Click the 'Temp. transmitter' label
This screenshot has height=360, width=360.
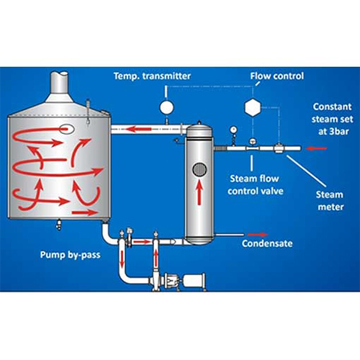click(152, 76)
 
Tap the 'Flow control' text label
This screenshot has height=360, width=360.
click(277, 76)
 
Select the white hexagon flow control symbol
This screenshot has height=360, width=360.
click(253, 107)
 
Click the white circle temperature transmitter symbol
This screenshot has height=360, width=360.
click(166, 107)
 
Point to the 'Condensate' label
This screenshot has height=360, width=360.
click(267, 243)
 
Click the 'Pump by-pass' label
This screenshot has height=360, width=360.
click(71, 255)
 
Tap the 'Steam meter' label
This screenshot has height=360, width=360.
click(330, 201)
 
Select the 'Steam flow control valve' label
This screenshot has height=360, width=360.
click(256, 185)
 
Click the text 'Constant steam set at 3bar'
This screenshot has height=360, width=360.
click(333, 119)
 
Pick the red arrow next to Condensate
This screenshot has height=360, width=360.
click(257, 235)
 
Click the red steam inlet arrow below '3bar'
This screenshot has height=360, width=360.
click(317, 148)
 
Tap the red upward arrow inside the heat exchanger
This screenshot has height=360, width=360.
click(199, 193)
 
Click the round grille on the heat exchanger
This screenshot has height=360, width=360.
click(199, 170)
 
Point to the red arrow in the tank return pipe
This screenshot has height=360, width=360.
click(138, 130)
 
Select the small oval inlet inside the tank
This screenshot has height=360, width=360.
click(66, 129)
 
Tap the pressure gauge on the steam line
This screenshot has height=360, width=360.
click(233, 130)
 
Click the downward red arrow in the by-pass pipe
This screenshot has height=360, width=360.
click(122, 259)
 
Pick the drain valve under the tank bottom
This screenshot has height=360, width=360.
click(59, 224)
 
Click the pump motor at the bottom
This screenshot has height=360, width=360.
click(194, 281)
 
